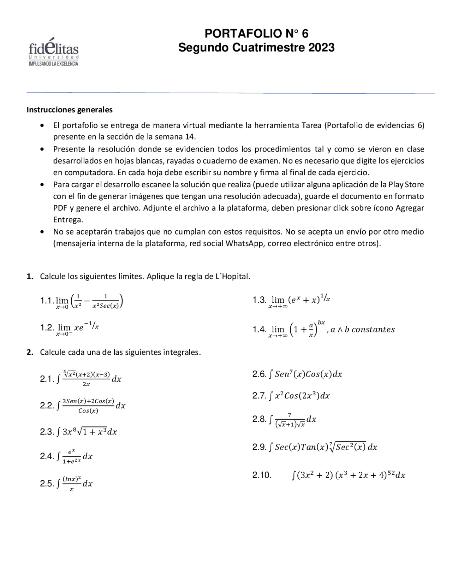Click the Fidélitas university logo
53,52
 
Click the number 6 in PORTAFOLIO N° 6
305,34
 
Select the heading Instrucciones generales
70,110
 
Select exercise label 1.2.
47,327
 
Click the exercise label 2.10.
262,475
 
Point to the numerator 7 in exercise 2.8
290,415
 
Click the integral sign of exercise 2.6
270,374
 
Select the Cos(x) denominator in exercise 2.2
88,410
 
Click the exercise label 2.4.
47,456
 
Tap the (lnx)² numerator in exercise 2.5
72,479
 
